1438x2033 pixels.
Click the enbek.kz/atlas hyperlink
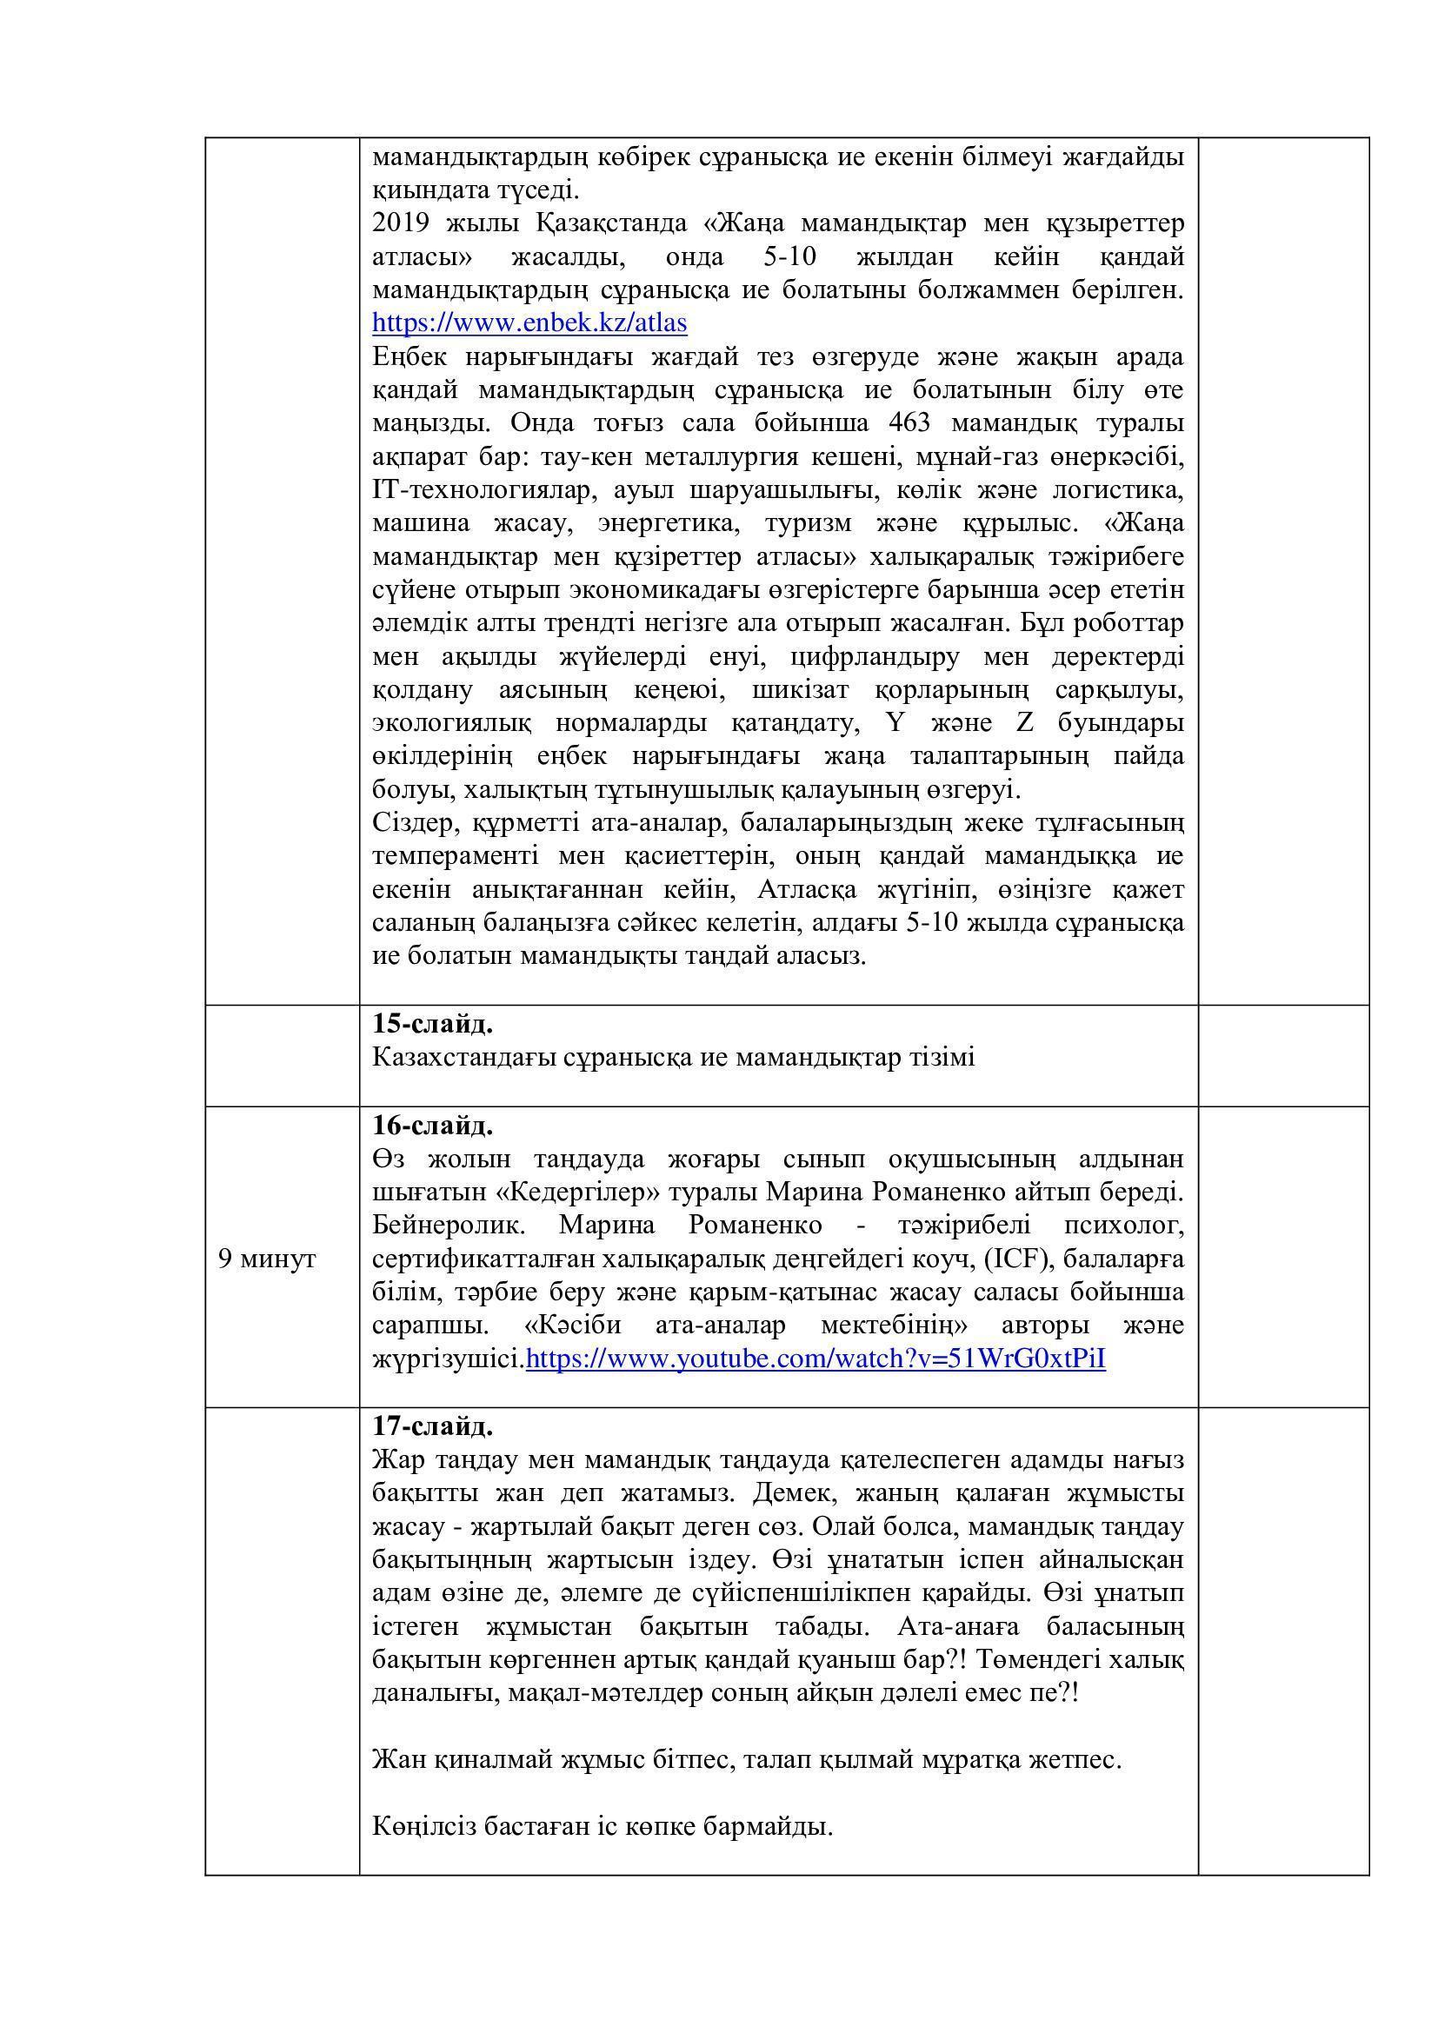tap(529, 323)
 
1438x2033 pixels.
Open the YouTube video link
tap(816, 1359)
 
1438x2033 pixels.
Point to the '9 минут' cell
tap(268, 1259)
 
